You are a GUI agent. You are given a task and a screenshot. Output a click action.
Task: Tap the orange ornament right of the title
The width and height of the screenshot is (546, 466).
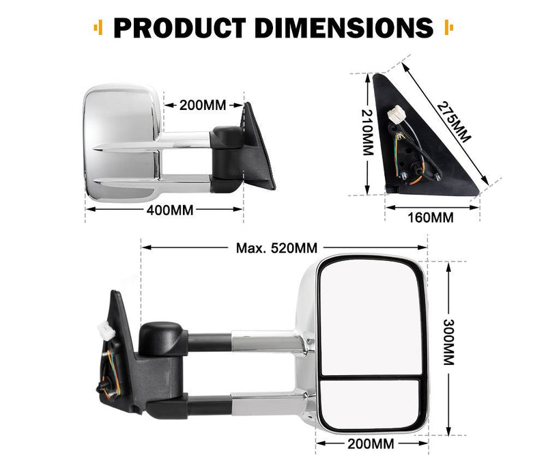point(448,28)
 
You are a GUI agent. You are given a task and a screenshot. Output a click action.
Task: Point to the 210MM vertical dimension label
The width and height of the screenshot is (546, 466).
point(366,133)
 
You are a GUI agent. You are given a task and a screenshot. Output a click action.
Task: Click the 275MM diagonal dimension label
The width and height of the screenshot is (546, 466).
point(454,121)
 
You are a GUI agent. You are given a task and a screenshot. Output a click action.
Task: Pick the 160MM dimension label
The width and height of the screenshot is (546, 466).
point(431,218)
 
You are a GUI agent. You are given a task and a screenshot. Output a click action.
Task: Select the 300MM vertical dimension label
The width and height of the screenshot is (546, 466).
point(448,343)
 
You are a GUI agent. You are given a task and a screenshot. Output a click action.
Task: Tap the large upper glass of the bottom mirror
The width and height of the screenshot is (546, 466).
point(372,314)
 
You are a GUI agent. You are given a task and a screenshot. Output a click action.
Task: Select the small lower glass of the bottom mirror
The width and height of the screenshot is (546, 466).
point(372,403)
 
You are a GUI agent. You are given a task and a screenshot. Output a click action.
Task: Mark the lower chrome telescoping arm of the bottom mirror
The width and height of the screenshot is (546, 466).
point(266,405)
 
